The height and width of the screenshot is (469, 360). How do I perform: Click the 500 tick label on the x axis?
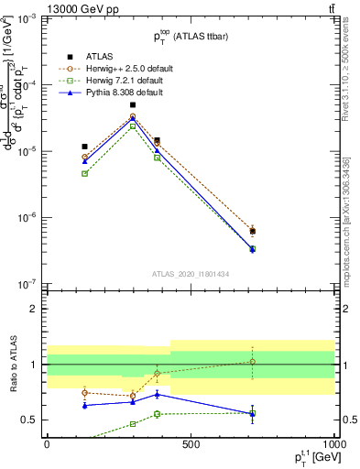[x=191, y=443]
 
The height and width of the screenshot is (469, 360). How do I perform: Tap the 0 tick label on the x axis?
[x=46, y=443]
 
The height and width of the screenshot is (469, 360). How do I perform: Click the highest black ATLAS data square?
[x=133, y=105]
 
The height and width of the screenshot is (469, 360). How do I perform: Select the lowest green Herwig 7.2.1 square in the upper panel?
[x=252, y=249]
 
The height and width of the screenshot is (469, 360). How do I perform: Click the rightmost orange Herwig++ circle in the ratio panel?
[x=252, y=362]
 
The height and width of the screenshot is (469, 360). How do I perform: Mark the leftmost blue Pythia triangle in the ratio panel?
[x=84, y=405]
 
